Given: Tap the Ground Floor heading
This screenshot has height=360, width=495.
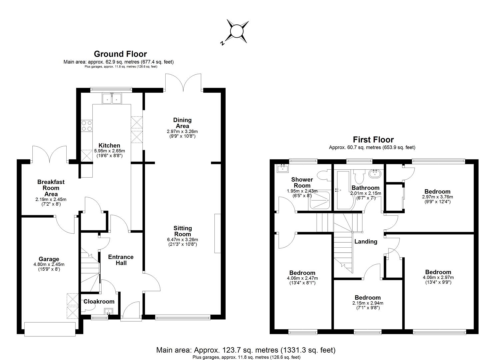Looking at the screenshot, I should point(120,54).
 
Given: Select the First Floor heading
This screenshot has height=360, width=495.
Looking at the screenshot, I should point(373,140).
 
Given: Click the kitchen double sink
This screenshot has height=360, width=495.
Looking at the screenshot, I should point(112,98).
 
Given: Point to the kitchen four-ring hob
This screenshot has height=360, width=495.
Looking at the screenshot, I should point(87,126).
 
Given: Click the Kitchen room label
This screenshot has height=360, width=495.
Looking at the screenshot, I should point(109,145).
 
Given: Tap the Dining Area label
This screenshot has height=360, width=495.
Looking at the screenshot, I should point(182,123).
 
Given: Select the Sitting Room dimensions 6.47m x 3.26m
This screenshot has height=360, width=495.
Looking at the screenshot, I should point(182,239).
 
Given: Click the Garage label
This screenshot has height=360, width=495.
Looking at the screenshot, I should point(49,259).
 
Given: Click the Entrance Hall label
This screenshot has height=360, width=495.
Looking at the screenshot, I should point(121,260).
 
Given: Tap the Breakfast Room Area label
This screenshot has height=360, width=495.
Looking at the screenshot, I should point(51,188).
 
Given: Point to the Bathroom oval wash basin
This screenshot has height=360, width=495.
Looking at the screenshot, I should point(376,173).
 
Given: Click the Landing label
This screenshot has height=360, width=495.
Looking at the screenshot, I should point(366,242).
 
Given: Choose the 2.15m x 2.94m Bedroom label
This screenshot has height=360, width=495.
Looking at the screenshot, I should point(367,298).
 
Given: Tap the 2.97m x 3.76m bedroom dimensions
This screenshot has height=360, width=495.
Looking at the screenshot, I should point(437,197).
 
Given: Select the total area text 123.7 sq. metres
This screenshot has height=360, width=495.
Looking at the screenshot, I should point(246,350).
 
